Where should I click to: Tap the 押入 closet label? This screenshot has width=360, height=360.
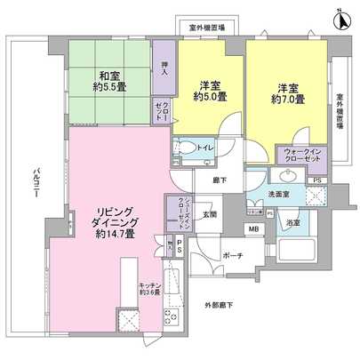click(x=163, y=68)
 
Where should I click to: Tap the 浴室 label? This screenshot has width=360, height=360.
click(x=293, y=222)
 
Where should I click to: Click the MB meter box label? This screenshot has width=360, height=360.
click(x=252, y=231)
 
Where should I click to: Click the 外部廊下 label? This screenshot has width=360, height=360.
click(x=217, y=307)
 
